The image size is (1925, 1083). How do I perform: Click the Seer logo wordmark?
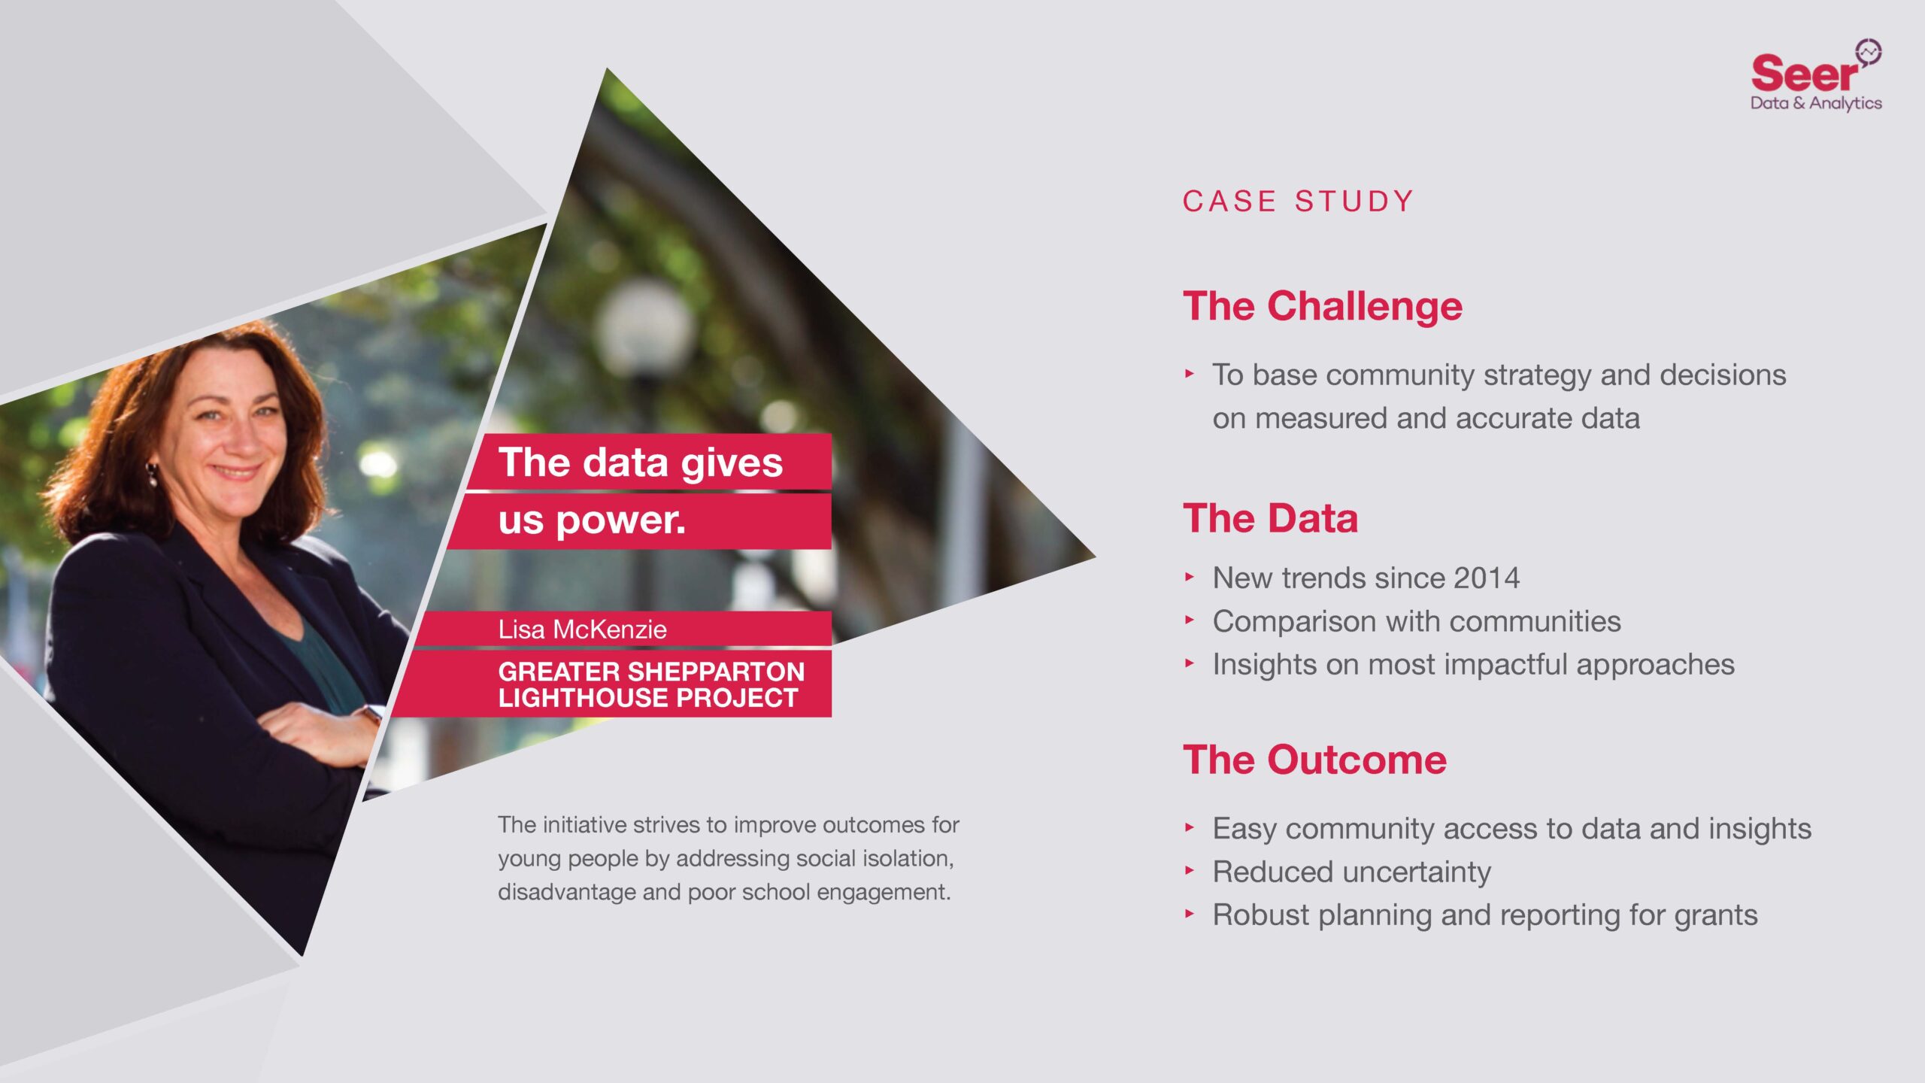click(1803, 74)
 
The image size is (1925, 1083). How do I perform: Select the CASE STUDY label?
click(1298, 202)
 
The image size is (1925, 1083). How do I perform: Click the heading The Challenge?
click(1322, 306)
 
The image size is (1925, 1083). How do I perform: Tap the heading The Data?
click(1270, 518)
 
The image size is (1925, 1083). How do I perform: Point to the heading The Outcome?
click(1314, 760)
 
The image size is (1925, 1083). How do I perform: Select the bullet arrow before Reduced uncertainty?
click(1190, 871)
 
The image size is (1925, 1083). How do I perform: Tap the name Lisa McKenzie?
click(582, 629)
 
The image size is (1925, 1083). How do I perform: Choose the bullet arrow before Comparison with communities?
click(1190, 620)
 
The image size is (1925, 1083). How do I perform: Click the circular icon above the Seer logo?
click(1868, 52)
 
